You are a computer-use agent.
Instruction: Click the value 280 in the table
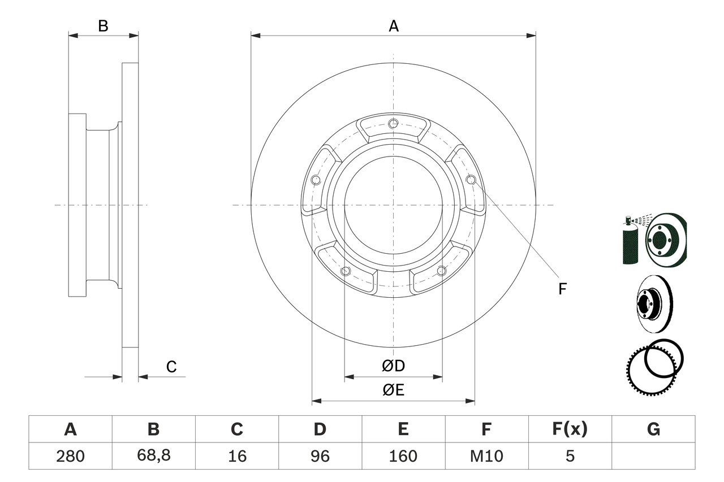click(x=70, y=456)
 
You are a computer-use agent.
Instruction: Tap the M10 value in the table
click(x=486, y=456)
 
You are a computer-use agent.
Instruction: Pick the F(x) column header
click(x=569, y=430)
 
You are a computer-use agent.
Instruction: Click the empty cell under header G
click(x=653, y=456)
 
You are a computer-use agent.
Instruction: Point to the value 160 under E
click(x=403, y=456)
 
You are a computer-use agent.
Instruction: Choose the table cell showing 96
click(x=320, y=456)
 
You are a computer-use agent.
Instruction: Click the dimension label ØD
click(x=394, y=366)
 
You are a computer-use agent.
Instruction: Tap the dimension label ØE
click(x=394, y=390)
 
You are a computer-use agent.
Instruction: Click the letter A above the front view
click(x=394, y=26)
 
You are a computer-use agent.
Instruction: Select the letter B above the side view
click(x=103, y=26)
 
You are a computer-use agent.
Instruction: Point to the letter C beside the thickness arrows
click(x=171, y=367)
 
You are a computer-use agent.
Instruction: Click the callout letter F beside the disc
click(x=562, y=289)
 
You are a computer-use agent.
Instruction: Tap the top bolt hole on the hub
click(x=394, y=124)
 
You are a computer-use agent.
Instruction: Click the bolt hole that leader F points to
click(x=471, y=180)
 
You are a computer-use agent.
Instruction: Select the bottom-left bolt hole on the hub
click(x=346, y=271)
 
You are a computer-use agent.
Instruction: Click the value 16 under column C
click(x=236, y=456)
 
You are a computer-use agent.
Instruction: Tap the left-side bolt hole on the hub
click(x=316, y=180)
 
